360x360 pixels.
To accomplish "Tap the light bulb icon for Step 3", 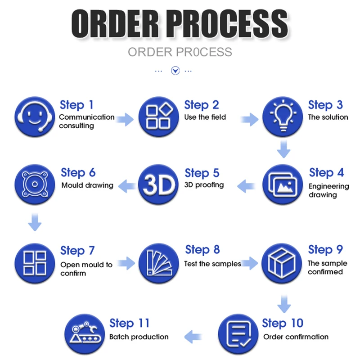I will click(283, 116).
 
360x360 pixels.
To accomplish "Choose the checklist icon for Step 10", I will click(238, 334).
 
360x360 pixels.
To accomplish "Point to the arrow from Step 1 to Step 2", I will click(126, 119).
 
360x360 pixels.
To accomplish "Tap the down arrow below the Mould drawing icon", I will click(35, 222).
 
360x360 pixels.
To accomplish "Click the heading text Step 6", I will click(78, 173).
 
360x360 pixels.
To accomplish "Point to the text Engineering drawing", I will click(328, 190).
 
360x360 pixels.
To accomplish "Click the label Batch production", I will click(139, 337).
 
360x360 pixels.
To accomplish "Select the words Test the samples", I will click(212, 264).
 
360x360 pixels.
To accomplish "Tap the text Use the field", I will click(205, 117).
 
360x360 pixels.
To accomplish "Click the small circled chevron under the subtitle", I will click(175, 71).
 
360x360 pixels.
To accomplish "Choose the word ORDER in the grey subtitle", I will click(148, 52).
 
